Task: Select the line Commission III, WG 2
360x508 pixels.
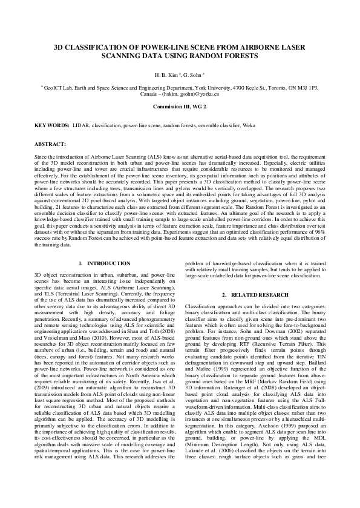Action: click(x=180, y=107)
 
